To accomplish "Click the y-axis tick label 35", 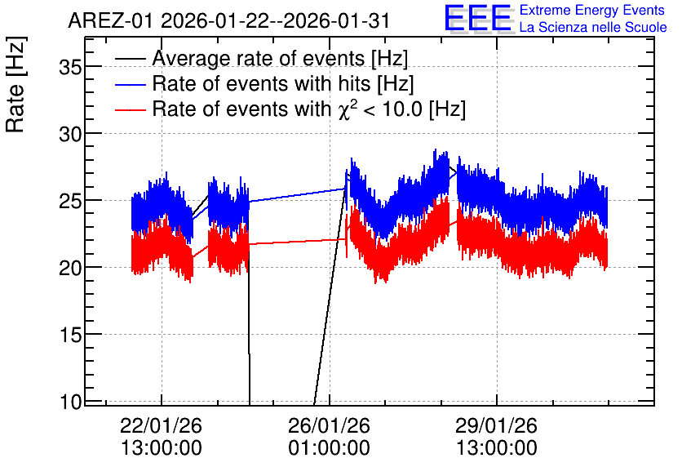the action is coord(70,68).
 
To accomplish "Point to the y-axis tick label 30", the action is coord(70,134).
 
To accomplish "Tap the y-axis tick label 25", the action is coord(70,201).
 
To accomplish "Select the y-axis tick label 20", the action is coord(70,268).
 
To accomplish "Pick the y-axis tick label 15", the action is coord(70,335).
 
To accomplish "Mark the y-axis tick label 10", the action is coord(70,402).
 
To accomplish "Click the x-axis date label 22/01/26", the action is coord(161,425).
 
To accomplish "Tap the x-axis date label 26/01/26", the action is coord(329,425).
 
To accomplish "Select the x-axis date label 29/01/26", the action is coord(496,425).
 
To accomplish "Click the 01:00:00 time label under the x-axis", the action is coord(329,448).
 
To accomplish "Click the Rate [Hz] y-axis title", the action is coord(15,85).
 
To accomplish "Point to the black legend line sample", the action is coord(130,59).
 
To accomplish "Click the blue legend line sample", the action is coord(130,84).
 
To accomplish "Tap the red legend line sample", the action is coord(130,109).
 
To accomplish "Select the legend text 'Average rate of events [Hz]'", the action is coord(280,59).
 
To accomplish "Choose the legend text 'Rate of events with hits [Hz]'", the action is coord(283,84).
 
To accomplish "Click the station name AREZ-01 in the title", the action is coord(110,21).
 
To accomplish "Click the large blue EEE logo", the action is coord(478,18).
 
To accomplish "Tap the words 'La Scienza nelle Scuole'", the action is coord(593,28).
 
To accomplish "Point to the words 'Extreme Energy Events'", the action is coord(592,10).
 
